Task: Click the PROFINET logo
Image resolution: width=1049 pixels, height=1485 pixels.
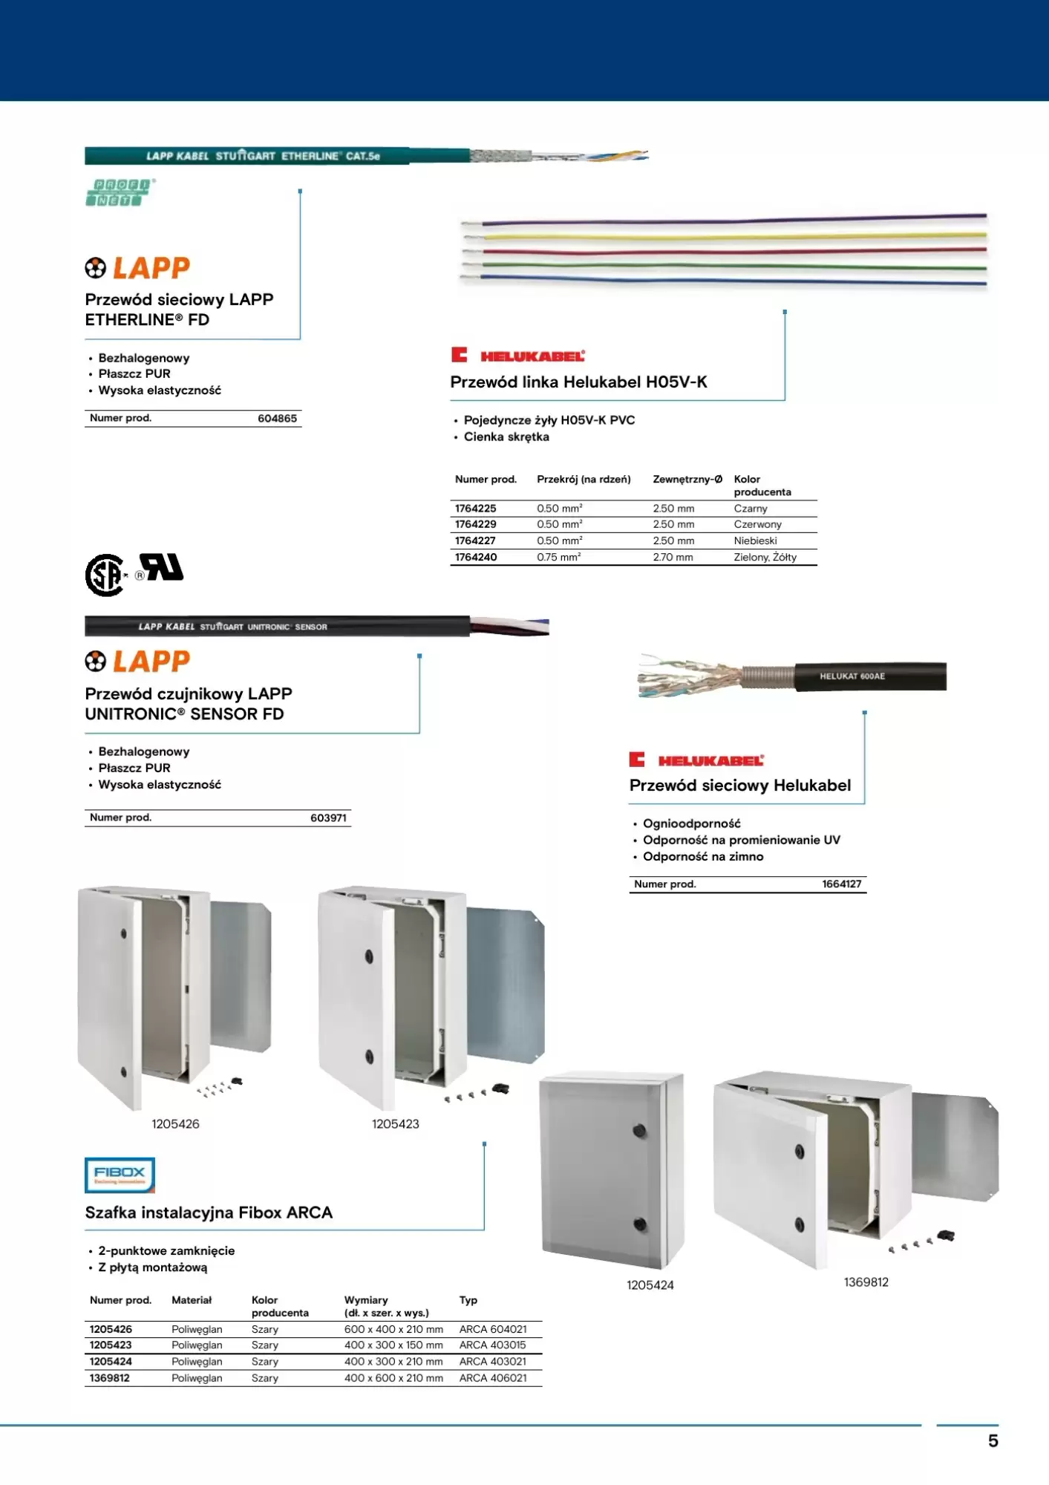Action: tap(120, 193)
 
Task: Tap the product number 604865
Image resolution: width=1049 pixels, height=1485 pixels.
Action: tap(277, 419)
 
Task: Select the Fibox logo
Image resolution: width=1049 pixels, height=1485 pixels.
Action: tap(120, 1175)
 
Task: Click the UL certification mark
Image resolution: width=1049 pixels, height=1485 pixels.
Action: tap(163, 567)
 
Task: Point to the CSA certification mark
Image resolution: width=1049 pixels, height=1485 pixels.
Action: tap(105, 575)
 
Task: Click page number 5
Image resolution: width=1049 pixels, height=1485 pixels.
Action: tap(993, 1441)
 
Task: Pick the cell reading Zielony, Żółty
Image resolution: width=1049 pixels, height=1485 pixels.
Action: tap(765, 558)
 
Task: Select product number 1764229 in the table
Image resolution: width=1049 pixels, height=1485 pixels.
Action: tap(476, 524)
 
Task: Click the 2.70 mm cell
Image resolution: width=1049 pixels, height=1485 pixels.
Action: tap(673, 558)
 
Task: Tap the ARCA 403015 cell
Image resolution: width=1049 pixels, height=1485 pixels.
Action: tap(492, 1345)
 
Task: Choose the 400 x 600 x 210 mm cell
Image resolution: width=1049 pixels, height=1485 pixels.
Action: tap(393, 1378)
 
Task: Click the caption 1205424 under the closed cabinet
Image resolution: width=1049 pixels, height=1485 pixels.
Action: tap(650, 1285)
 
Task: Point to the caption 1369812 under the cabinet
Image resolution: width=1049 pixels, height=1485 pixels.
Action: tap(866, 1282)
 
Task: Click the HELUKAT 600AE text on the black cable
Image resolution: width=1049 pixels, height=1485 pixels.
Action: tap(852, 676)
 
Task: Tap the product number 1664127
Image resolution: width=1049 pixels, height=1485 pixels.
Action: tap(841, 884)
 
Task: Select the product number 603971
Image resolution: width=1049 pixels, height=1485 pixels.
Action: tap(328, 818)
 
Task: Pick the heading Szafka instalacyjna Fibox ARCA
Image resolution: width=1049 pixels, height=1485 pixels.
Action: tap(209, 1213)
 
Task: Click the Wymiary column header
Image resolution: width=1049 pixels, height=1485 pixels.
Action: tap(366, 1300)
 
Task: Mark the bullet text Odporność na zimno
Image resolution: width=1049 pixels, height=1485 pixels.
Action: tap(702, 857)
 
